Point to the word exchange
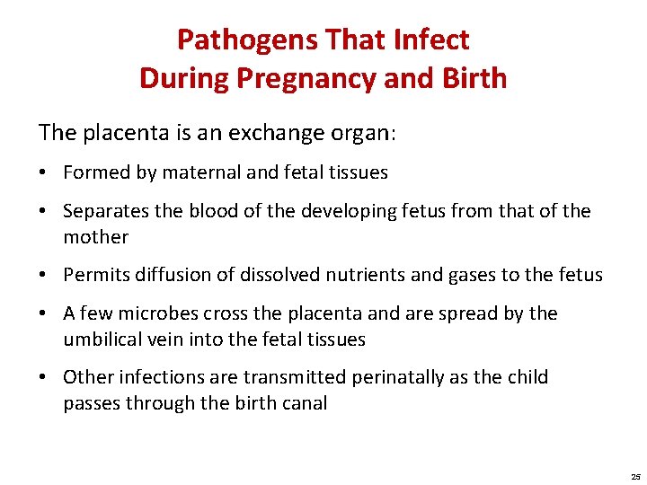tap(266, 133)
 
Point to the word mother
tap(96, 237)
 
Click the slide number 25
tap(635, 476)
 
